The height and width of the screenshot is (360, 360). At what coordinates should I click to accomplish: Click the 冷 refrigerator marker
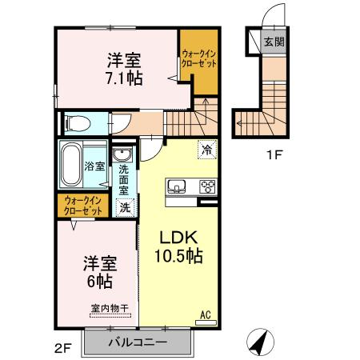[x=206, y=150]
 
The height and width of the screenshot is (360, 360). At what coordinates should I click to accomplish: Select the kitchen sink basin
[x=176, y=187]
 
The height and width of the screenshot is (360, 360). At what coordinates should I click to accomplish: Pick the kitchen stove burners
[x=207, y=187]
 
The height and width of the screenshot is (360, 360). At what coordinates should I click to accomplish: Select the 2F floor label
[x=63, y=347]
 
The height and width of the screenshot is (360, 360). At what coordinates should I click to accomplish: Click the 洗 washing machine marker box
[x=124, y=207]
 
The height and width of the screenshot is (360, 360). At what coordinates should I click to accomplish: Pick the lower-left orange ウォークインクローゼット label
[x=82, y=206]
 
